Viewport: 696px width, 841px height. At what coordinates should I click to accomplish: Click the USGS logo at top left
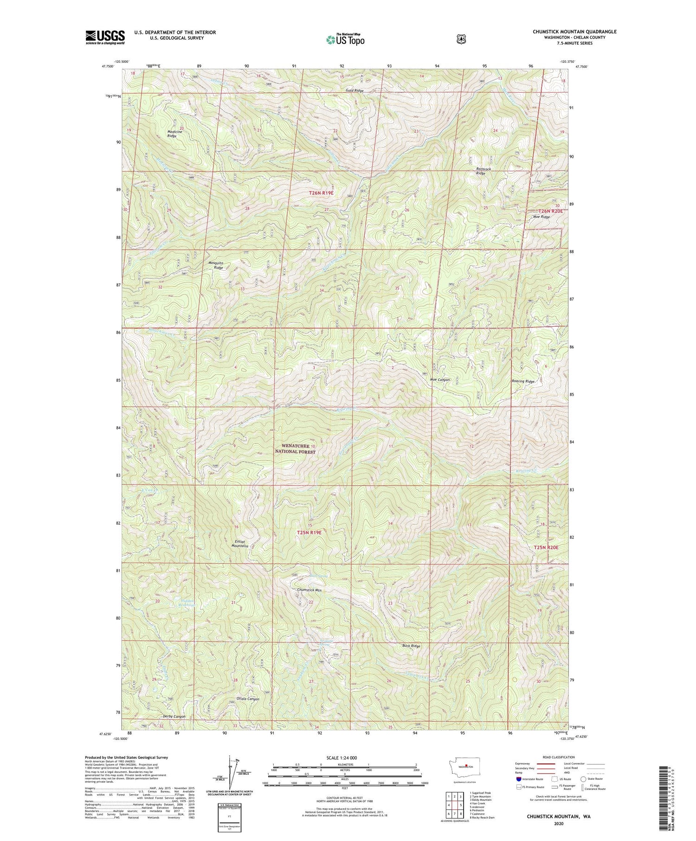105,37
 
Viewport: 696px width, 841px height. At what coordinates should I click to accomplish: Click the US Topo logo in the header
345,39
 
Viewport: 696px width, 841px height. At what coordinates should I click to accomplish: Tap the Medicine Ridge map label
175,134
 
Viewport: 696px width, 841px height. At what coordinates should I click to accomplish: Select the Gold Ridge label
354,90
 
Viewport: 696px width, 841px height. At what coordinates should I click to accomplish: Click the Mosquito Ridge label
216,265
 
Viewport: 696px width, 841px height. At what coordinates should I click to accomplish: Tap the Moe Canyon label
440,379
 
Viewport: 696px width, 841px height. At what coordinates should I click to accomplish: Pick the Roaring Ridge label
523,381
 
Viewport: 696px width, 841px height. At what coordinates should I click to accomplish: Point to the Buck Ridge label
411,646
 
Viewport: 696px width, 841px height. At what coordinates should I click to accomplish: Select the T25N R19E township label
309,533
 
